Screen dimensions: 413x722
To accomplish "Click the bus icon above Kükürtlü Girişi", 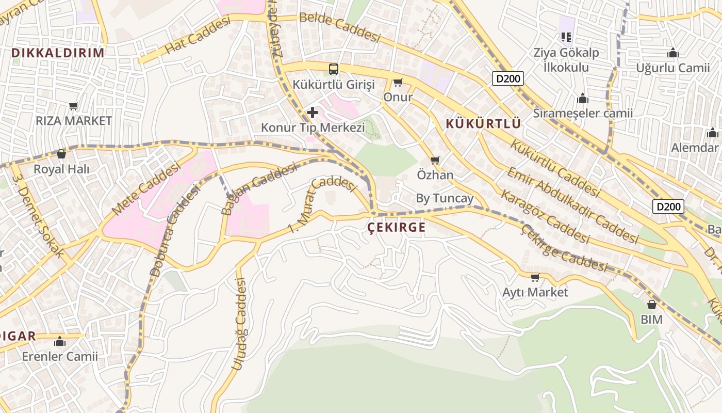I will [x=334, y=69].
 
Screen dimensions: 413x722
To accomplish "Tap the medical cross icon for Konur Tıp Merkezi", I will [x=312, y=112].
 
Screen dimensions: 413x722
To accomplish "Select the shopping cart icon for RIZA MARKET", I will [x=74, y=106].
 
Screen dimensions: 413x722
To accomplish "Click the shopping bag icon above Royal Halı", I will [x=61, y=154].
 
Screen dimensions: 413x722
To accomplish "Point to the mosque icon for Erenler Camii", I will [x=60, y=341].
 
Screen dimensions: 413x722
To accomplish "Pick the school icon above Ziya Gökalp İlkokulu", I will [x=566, y=37].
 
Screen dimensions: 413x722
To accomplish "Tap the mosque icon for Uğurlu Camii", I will [x=672, y=53].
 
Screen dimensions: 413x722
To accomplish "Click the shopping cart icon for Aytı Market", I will [x=535, y=277].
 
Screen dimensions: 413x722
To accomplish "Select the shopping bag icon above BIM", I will [x=651, y=305].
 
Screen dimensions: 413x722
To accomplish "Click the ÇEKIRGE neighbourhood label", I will [x=397, y=228].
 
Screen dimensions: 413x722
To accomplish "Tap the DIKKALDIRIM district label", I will [x=58, y=53].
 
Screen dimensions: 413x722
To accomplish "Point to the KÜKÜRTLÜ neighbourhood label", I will [x=483, y=124].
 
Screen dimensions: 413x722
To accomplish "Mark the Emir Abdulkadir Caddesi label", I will [x=572, y=205].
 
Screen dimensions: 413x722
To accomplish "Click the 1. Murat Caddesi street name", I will [x=322, y=204].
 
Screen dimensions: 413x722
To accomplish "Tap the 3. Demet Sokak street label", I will [x=39, y=215].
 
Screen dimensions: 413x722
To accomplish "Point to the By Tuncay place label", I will [x=445, y=199].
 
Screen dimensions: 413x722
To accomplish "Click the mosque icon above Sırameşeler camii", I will [x=583, y=98].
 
